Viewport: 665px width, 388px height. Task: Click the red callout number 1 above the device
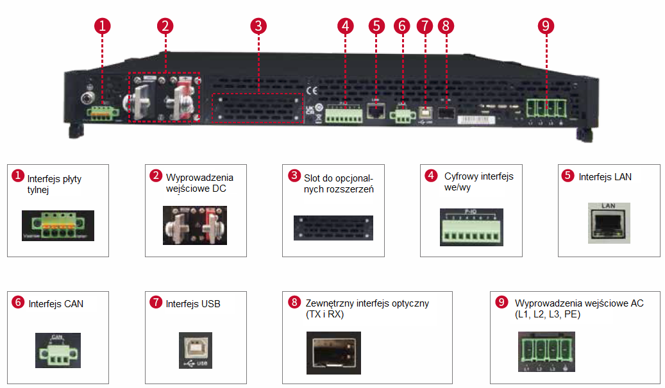click(x=102, y=26)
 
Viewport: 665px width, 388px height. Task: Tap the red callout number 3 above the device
click(x=258, y=26)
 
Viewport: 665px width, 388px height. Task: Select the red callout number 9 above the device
click(x=546, y=26)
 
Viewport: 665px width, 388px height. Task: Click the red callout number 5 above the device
click(x=377, y=26)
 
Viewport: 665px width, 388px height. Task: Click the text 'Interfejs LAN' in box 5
click(x=605, y=176)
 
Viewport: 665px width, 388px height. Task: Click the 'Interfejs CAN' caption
click(x=56, y=303)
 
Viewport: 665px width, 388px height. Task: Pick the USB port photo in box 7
click(x=195, y=350)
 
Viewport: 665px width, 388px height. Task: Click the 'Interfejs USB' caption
click(x=193, y=303)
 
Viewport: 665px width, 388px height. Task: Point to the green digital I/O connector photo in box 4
click(x=471, y=227)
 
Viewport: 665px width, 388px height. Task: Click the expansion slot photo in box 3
click(x=333, y=228)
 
